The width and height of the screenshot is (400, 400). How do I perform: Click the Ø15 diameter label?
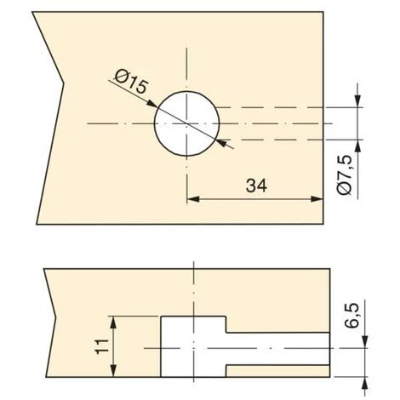pyautogui.click(x=132, y=82)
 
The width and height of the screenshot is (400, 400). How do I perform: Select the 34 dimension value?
pyautogui.click(x=256, y=186)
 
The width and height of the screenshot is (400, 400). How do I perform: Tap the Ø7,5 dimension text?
pyautogui.click(x=346, y=175)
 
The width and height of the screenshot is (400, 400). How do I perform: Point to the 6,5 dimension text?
pyautogui.click(x=352, y=316)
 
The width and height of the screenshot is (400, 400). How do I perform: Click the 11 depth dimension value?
pyautogui.click(x=102, y=346)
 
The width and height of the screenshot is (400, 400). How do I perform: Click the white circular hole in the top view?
pyautogui.click(x=186, y=123)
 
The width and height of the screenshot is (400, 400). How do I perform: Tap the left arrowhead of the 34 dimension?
pyautogui.click(x=193, y=199)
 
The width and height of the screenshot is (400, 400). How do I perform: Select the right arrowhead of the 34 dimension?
pyautogui.click(x=317, y=199)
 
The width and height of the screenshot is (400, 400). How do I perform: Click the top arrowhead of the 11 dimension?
pyautogui.click(x=113, y=323)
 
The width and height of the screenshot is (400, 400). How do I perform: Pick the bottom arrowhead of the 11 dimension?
pyautogui.click(x=113, y=370)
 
